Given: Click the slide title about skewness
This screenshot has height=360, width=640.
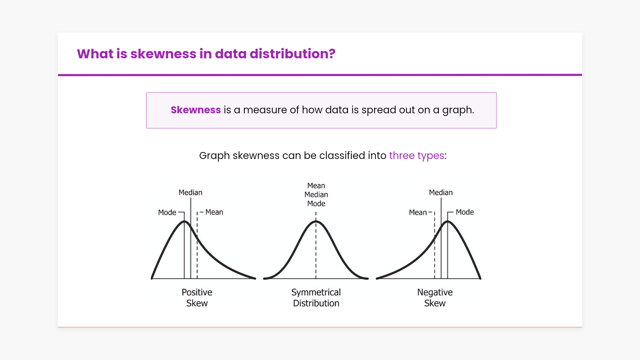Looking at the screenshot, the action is coord(206,54).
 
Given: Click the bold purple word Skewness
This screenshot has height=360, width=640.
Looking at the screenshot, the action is coord(196,110).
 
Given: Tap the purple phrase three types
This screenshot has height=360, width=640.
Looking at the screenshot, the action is coord(417,156).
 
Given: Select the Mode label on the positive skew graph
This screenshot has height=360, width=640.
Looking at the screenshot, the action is coord(167,212).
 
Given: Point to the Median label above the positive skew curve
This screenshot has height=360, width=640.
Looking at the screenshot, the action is coord(190,192).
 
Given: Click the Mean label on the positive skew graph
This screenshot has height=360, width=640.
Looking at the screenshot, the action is coord(214,212).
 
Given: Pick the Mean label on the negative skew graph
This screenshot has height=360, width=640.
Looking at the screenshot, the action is coord(418,212).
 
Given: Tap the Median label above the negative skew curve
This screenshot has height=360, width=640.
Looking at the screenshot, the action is coord(441,192).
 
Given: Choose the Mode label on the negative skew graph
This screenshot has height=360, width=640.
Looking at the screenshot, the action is coord(465,212).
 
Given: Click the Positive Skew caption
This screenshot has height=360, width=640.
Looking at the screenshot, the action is coord(197,298).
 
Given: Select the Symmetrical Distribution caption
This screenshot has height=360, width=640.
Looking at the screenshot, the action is coord(316,298).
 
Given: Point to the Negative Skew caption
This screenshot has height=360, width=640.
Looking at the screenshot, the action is coord(435,298).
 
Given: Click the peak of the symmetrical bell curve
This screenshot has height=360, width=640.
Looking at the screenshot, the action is coord(316,221).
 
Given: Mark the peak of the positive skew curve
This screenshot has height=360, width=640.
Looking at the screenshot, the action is coord(184,221).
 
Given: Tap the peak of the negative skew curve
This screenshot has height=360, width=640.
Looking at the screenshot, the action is coord(448,221).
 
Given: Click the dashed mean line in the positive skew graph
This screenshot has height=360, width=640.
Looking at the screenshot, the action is coord(197,245).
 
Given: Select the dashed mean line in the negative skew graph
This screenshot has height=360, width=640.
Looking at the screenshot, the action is coord(435,245).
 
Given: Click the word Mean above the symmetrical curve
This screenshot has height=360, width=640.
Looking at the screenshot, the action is coord(316,186).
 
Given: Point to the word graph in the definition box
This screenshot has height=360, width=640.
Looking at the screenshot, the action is coord(458,110).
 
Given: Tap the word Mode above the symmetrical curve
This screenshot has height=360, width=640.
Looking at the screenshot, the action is coord(316,204).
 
